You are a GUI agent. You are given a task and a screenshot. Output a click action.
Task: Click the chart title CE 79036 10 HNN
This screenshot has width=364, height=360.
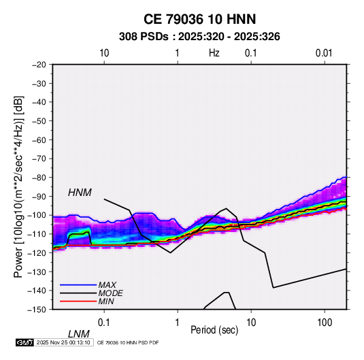[x=199, y=19]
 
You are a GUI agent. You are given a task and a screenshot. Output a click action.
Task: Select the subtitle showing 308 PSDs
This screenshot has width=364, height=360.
[x=199, y=37]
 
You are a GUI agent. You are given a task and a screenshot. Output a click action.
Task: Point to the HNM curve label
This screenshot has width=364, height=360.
[x=80, y=193]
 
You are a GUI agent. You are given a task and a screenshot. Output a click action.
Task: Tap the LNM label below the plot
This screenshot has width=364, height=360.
[x=78, y=334]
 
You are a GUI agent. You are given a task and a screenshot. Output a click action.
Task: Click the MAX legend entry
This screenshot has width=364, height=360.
[x=107, y=284]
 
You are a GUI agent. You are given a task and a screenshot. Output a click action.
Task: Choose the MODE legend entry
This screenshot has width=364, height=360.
[x=110, y=293]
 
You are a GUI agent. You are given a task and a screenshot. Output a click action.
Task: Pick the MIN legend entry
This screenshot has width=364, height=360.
[x=106, y=301]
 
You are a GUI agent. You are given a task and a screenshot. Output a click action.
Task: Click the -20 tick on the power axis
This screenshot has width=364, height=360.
[x=39, y=65]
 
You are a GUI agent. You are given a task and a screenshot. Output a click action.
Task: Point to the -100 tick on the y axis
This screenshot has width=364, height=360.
[x=37, y=215]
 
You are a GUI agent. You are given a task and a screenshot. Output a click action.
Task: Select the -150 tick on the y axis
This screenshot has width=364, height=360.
[x=37, y=310]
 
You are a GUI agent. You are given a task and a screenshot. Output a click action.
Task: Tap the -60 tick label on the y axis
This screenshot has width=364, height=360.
[x=39, y=140]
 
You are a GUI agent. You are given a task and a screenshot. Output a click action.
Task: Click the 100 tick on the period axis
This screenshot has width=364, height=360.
[x=325, y=323]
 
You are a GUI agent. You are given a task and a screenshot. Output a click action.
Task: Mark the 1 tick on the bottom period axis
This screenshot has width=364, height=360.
[x=178, y=323]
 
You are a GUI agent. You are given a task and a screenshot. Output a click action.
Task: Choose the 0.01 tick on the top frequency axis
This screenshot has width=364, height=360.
[x=324, y=53]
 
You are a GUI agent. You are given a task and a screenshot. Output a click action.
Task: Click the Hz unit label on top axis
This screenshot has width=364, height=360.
[x=214, y=53]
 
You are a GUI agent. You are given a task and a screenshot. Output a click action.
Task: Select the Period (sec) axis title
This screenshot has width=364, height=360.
[x=214, y=330]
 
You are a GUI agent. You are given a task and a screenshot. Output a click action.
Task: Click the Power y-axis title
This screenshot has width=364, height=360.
[x=18, y=186]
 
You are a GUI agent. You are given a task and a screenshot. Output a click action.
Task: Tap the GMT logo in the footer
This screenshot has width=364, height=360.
[x=24, y=342]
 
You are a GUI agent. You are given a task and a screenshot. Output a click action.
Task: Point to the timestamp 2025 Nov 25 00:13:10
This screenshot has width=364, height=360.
[x=63, y=342]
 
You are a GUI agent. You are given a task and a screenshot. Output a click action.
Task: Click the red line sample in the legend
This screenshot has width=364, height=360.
[x=78, y=301]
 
